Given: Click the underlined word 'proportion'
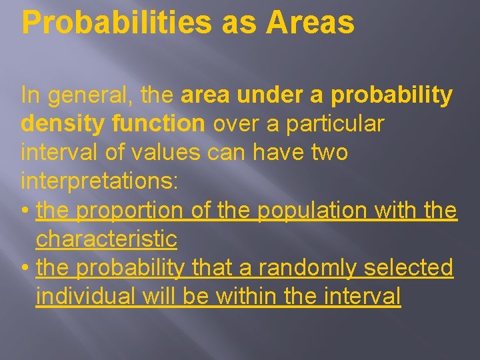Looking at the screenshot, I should [x=129, y=211].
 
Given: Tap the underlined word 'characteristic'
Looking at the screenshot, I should [x=107, y=239].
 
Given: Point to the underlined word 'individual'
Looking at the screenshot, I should [x=87, y=296].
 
